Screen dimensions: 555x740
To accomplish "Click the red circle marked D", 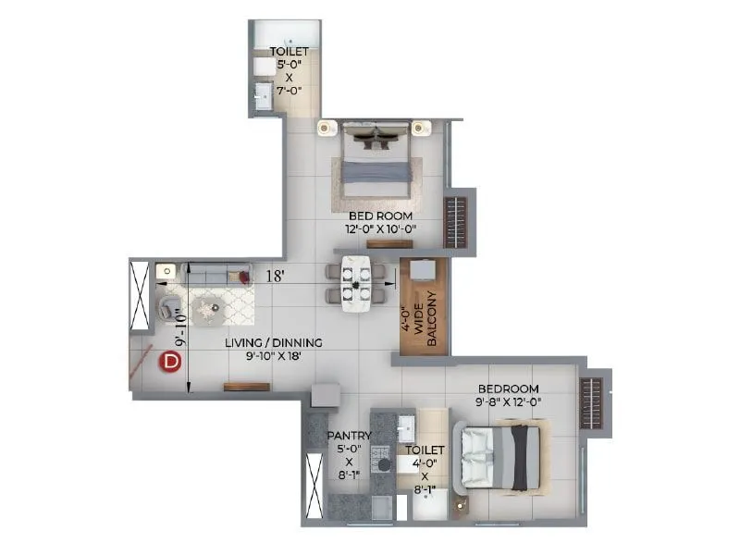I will click(170, 362).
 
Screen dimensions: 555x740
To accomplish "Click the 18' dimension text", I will click(275, 276).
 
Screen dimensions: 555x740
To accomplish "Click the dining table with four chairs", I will click(355, 282).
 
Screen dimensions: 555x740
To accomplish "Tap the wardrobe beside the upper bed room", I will click(457, 220).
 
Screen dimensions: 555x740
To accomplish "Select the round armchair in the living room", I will click(169, 305).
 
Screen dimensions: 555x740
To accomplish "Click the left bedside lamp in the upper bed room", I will click(325, 128).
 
